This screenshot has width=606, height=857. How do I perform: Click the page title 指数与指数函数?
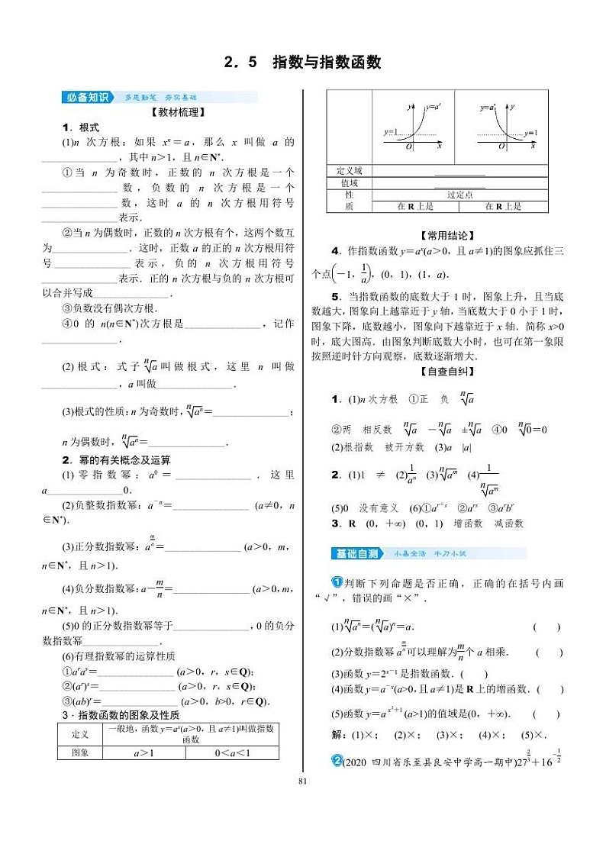pyautogui.click(x=326, y=63)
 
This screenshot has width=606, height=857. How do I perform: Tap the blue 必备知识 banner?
pyautogui.click(x=87, y=97)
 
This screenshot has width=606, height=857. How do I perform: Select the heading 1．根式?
pyautogui.click(x=81, y=127)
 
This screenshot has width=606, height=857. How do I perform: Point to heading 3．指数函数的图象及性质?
pyautogui.click(x=120, y=715)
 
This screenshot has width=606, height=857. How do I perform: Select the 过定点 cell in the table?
pyautogui.click(x=459, y=195)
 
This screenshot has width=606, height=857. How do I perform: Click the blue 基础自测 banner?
pyautogui.click(x=356, y=553)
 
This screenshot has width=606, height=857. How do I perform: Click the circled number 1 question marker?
pyautogui.click(x=336, y=583)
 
